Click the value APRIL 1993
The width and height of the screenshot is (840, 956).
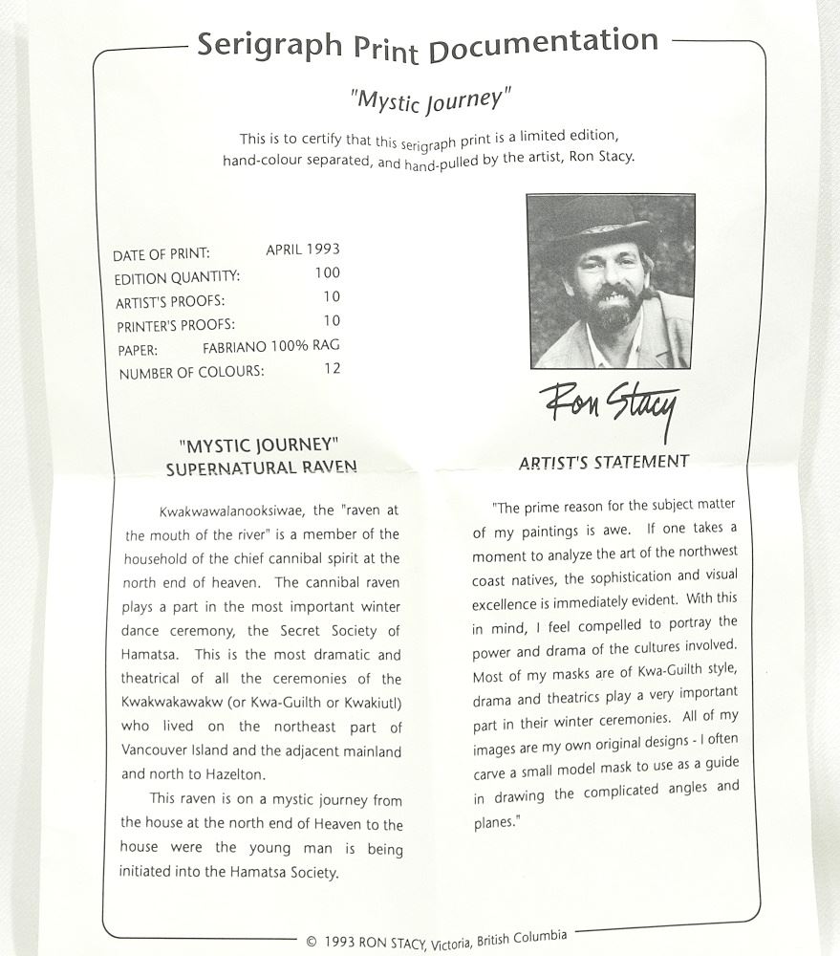coord(302,250)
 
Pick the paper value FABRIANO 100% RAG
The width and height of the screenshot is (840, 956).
coord(270,346)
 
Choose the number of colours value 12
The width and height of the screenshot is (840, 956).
coord(332,368)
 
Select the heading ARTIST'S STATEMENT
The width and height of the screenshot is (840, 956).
coord(603,463)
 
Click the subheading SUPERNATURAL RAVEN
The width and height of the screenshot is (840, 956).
coord(261,468)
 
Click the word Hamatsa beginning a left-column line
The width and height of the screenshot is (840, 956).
coord(153,655)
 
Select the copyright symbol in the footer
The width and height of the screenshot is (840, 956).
coord(312,941)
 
